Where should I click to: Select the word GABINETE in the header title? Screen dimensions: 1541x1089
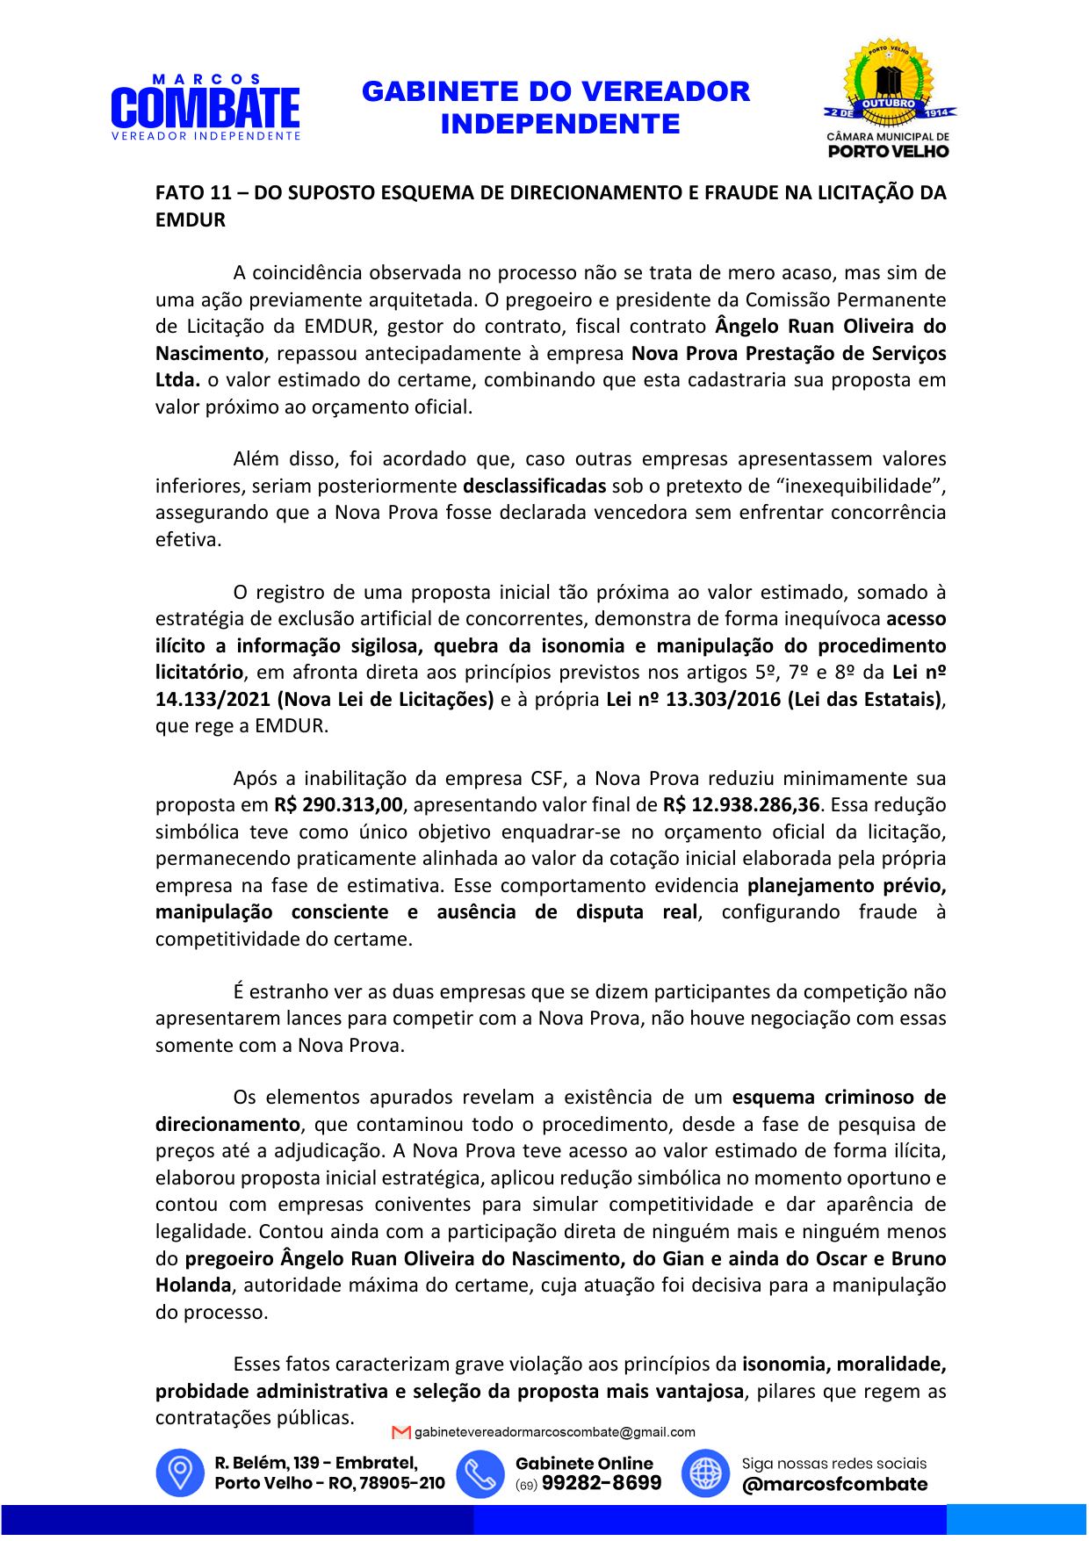coord(436,91)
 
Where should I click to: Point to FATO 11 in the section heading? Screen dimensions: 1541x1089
coord(193,193)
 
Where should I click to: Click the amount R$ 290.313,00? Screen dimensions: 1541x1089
coord(338,805)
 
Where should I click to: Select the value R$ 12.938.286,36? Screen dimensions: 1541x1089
coord(741,805)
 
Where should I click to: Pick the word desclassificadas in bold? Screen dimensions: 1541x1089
coord(534,486)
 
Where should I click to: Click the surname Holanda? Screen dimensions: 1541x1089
coord(193,1285)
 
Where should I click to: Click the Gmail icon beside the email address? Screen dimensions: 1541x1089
coord(401,1433)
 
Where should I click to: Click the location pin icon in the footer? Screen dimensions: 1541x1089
coord(180,1473)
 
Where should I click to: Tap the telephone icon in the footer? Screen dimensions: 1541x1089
coord(480,1473)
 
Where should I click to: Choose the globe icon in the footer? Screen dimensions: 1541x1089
coord(705,1473)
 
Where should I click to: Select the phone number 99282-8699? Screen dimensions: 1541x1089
coord(602,1484)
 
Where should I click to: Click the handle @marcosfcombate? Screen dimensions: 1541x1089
coord(834,1485)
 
